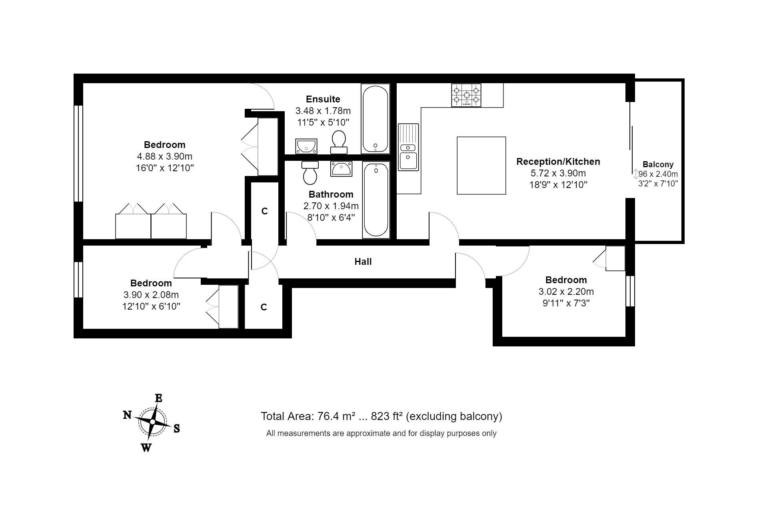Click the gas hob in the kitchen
(466, 95)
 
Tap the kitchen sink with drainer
(408, 147)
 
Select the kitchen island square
(481, 165)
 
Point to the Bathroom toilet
(310, 173)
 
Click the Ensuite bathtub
(375, 119)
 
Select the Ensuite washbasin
(306, 146)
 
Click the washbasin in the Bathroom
(341, 169)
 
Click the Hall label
(363, 262)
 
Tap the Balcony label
(658, 164)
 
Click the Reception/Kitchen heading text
(558, 162)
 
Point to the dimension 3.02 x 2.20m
(566, 292)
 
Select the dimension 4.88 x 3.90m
(164, 156)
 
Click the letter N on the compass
(127, 415)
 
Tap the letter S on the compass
(176, 429)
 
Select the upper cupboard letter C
(264, 211)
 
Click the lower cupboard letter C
(264, 307)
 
